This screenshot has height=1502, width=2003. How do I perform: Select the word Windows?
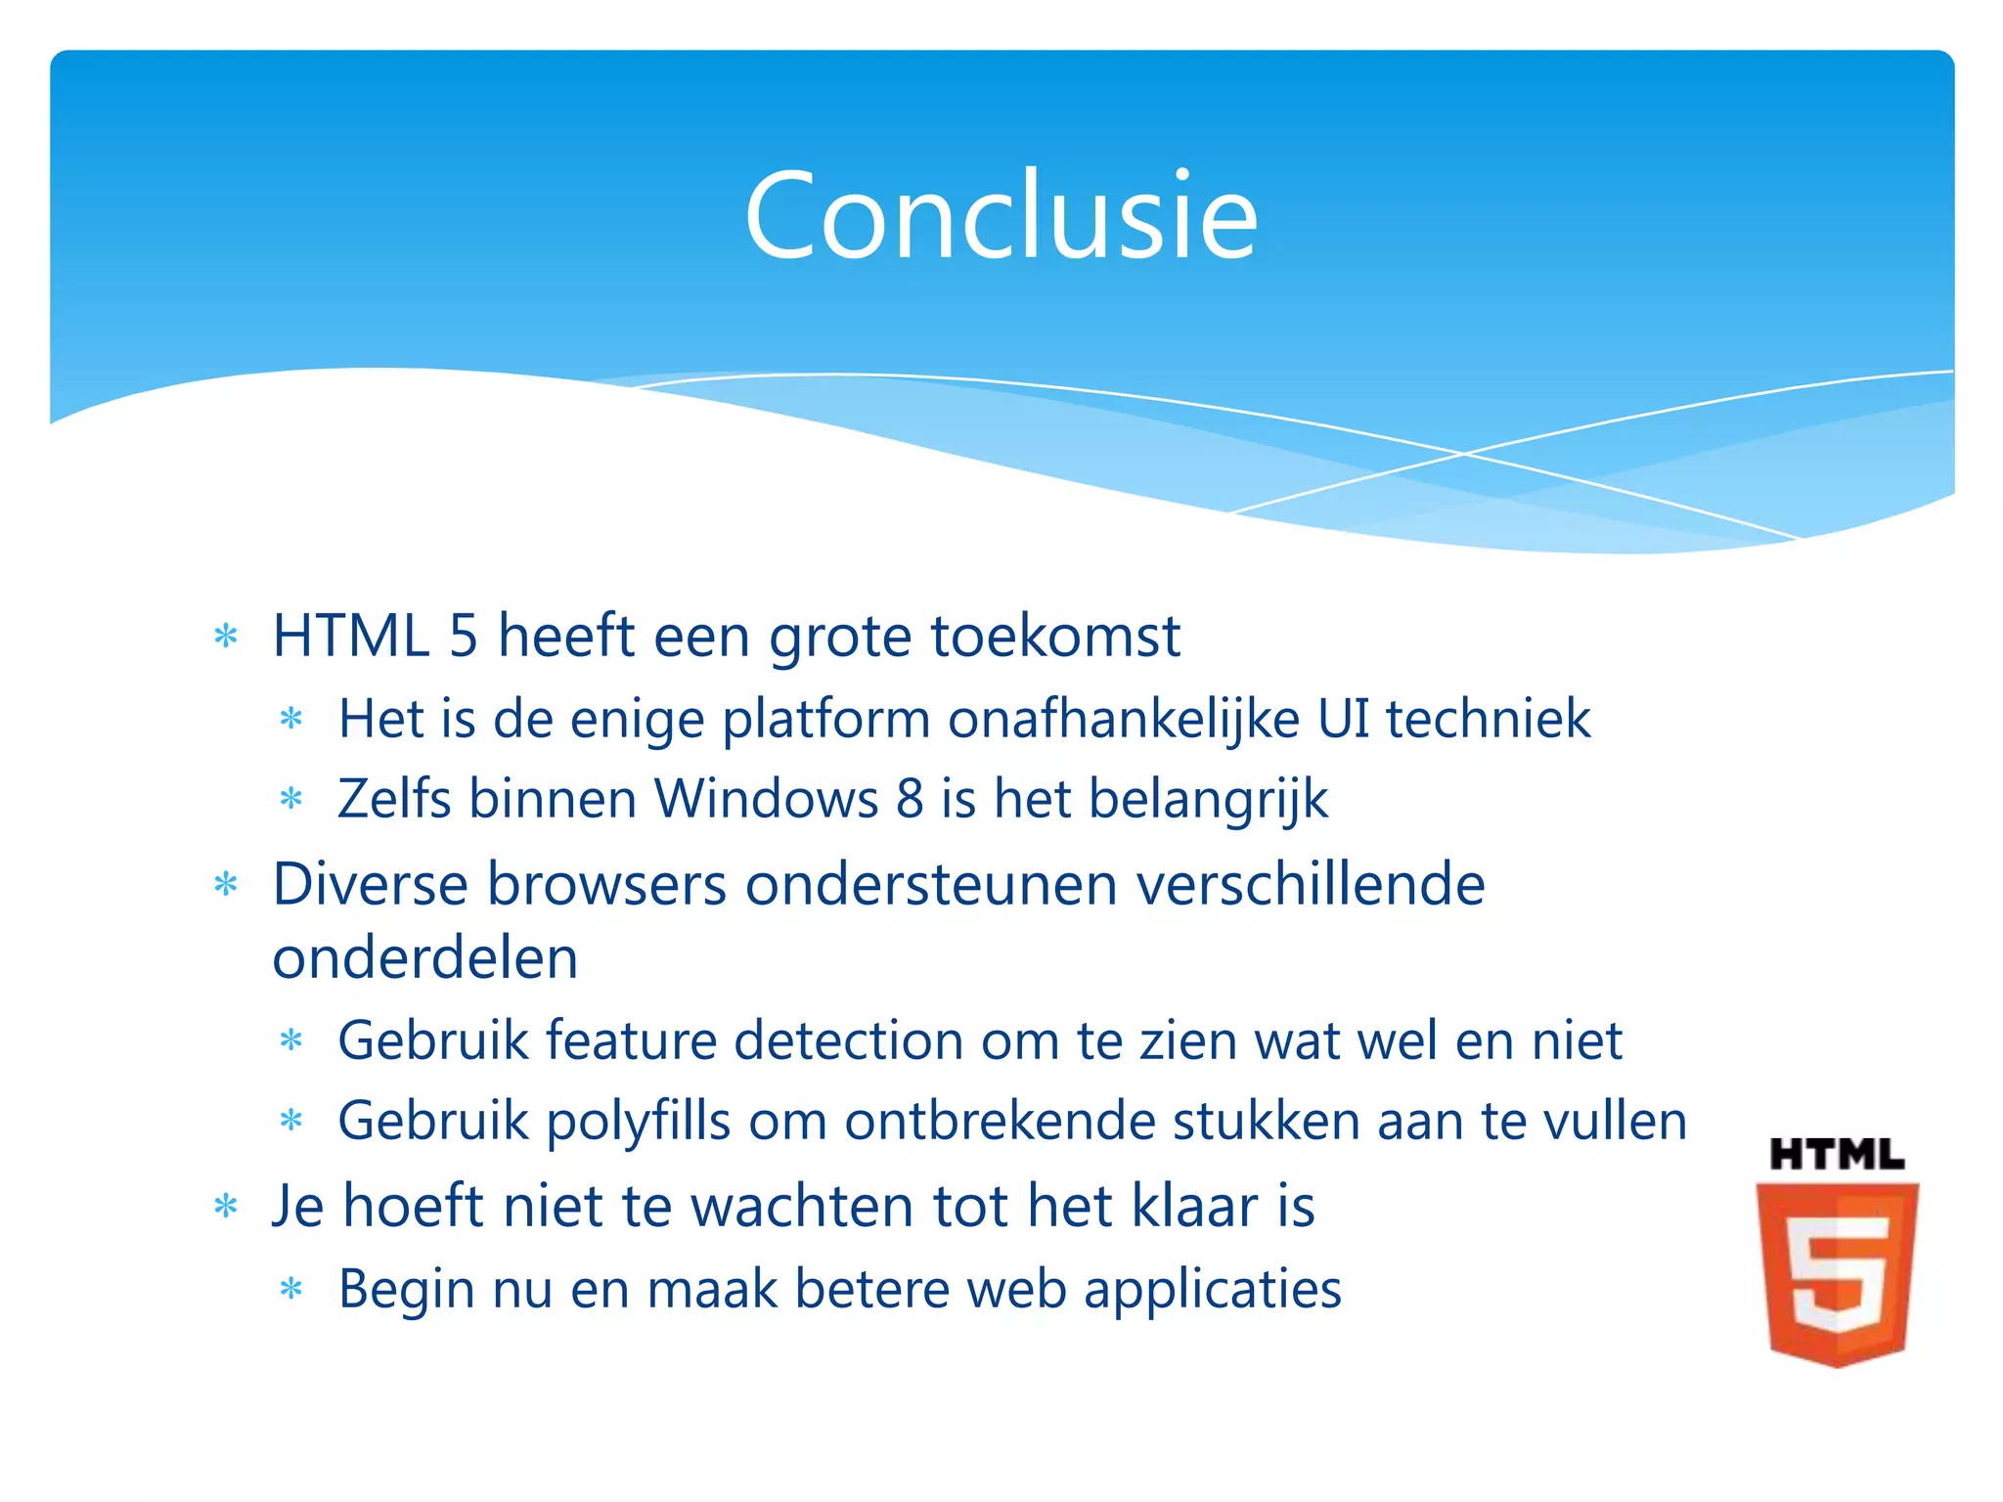(x=766, y=799)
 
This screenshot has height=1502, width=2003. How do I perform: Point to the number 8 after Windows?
(x=910, y=799)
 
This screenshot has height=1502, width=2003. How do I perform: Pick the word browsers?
(x=606, y=885)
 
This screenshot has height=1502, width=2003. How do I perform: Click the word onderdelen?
(x=424, y=958)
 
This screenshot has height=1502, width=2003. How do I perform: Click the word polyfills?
(x=638, y=1122)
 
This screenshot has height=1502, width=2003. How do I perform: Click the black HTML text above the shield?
(x=1836, y=1155)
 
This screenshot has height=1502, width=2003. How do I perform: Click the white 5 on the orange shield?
(x=1836, y=1279)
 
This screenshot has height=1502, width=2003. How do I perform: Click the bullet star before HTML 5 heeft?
(x=226, y=637)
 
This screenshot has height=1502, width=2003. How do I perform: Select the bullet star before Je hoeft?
(x=226, y=1206)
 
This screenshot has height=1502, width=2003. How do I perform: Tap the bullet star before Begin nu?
(x=291, y=1289)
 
